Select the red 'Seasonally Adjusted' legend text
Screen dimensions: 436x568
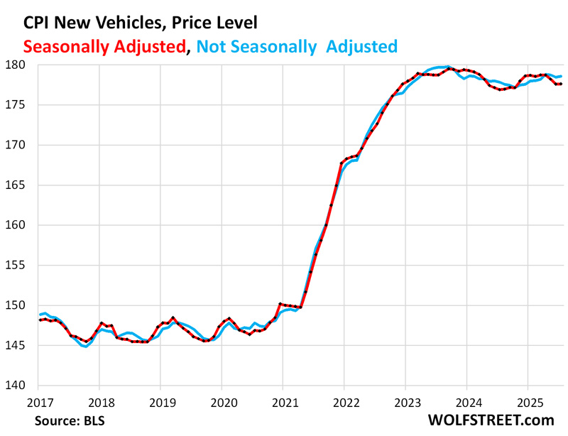point(104,47)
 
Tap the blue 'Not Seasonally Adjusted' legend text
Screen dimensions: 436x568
point(296,47)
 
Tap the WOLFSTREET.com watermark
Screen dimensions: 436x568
point(491,420)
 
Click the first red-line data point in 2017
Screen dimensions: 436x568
point(40,320)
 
